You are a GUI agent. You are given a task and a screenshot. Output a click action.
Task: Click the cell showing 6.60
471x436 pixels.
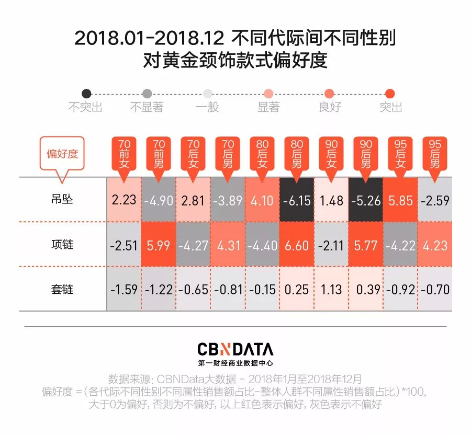click(x=297, y=245)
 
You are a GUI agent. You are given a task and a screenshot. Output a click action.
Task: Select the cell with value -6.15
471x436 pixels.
click(x=297, y=200)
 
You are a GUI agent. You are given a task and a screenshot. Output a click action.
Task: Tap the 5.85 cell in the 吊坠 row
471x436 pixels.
click(x=401, y=200)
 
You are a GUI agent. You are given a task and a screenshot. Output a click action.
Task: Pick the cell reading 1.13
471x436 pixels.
click(x=331, y=289)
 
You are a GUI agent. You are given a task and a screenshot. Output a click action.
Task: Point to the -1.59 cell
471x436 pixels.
click(x=124, y=289)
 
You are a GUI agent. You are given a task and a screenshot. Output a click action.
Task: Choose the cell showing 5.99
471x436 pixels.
click(x=159, y=245)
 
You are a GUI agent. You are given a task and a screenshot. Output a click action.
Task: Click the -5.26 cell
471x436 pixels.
click(x=366, y=200)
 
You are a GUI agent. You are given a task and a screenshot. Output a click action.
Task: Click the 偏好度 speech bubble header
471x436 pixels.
click(x=62, y=154)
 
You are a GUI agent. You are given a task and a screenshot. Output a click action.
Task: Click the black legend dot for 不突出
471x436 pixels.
click(x=86, y=94)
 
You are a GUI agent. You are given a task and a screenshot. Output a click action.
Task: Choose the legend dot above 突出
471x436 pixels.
click(x=390, y=94)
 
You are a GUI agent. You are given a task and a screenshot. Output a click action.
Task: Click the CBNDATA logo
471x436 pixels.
click(x=235, y=349)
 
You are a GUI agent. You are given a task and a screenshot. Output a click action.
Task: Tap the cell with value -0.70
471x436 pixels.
click(x=435, y=289)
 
